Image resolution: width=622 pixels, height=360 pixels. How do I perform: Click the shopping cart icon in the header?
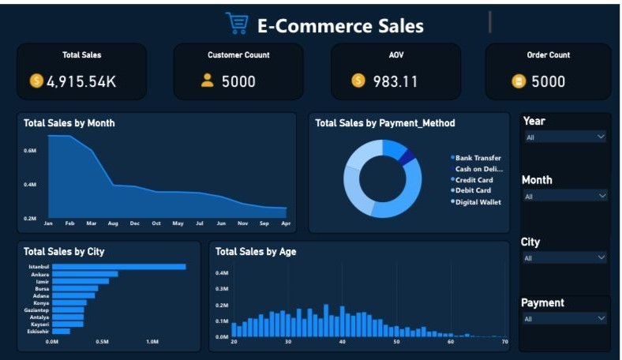tap(236, 24)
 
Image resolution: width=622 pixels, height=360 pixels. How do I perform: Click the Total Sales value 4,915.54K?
tap(82, 81)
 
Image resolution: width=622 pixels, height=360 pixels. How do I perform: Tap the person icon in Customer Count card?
tap(208, 81)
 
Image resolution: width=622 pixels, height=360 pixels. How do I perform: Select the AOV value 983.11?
tap(395, 81)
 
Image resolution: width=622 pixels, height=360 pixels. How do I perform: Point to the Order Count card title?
tap(548, 55)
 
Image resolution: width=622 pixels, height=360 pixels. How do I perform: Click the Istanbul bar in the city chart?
tap(118, 267)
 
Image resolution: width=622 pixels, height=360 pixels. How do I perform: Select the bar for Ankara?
tap(84, 274)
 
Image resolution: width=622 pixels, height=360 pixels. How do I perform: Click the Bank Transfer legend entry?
tap(478, 158)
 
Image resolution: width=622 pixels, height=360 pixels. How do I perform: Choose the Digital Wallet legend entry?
tap(478, 202)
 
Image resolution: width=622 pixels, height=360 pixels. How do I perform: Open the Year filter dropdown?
tap(564, 137)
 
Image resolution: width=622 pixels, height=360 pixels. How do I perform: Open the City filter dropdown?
tap(564, 257)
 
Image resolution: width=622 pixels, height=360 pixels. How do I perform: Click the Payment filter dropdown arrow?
tap(601, 318)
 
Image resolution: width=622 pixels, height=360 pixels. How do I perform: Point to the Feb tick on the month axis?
tap(69, 223)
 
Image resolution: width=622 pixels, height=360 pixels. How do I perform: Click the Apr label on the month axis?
tap(286, 223)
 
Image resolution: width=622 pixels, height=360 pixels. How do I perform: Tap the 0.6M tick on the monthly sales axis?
tap(30, 150)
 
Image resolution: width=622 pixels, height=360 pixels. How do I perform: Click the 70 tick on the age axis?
tap(504, 342)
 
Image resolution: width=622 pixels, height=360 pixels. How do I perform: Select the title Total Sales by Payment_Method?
tap(384, 123)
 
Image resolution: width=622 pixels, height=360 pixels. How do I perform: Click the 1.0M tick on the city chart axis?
tap(152, 342)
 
